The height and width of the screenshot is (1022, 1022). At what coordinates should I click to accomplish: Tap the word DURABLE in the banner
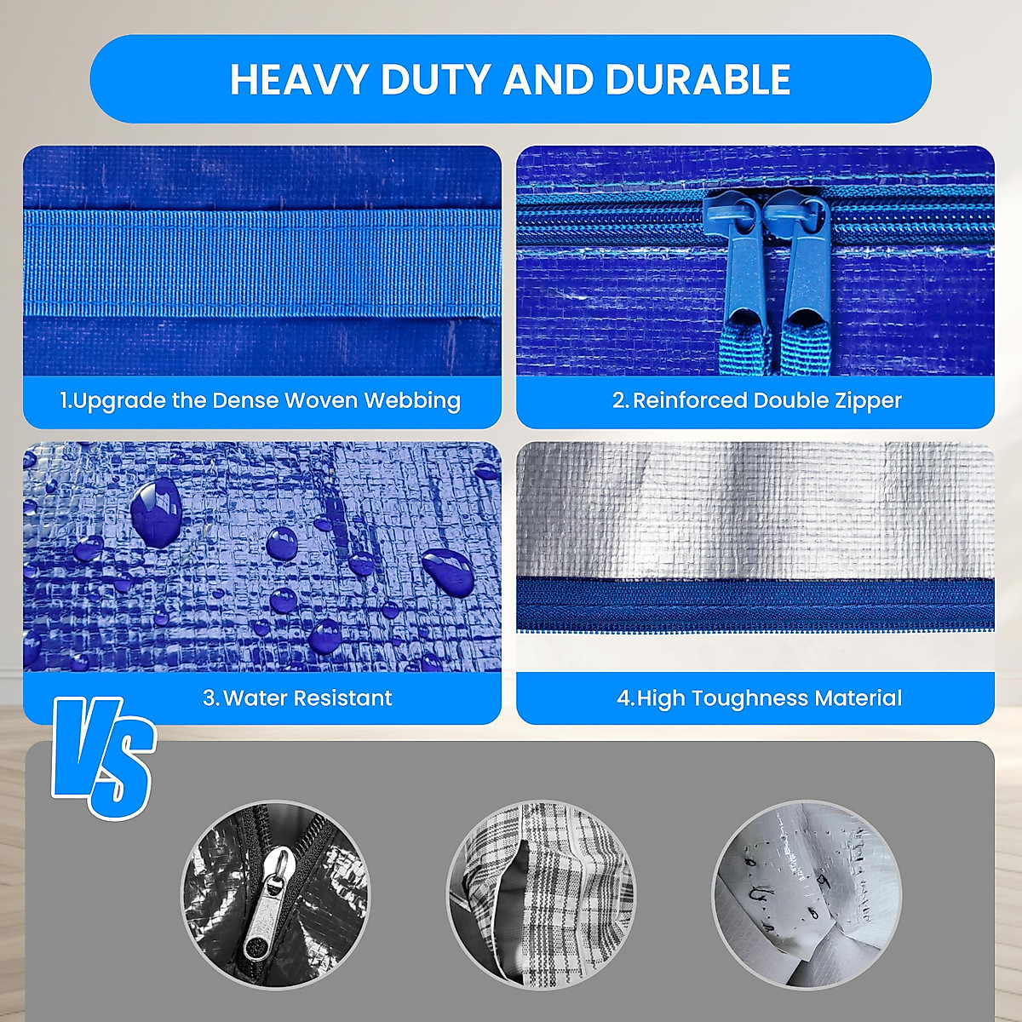pos(698,79)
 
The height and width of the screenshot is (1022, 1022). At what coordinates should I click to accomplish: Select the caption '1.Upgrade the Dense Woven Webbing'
pos(261,400)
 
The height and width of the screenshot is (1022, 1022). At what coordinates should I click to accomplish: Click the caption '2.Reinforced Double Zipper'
pos(756,400)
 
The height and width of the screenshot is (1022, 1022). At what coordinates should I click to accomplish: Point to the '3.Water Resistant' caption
pos(297,698)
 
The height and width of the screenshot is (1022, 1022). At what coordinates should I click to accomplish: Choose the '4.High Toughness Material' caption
pos(759,698)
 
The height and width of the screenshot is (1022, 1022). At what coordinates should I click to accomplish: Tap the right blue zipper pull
pos(803,264)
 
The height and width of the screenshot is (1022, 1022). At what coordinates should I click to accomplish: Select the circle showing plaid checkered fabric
pos(541,894)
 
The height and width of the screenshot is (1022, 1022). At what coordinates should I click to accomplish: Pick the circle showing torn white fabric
pos(806,894)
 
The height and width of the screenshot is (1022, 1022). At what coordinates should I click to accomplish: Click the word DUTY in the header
pos(436,79)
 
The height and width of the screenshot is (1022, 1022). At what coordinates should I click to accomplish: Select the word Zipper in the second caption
pos(868,400)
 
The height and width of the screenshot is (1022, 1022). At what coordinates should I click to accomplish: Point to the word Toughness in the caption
pos(749,698)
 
